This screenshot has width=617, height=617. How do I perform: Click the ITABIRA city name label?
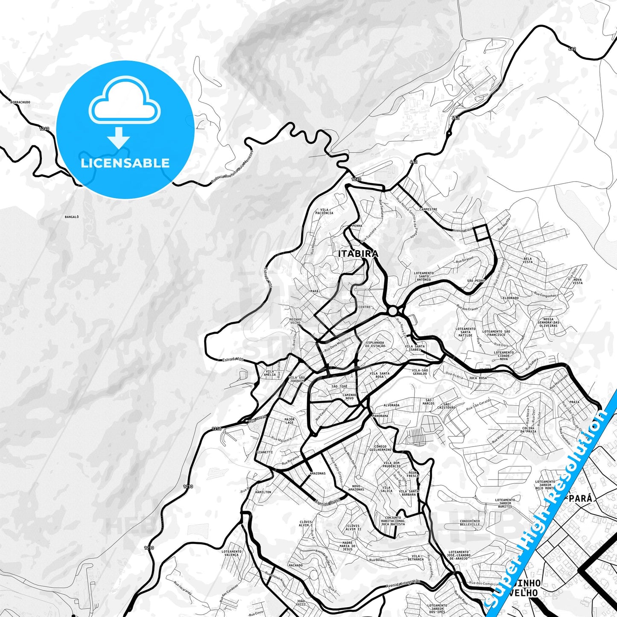[x=358, y=254]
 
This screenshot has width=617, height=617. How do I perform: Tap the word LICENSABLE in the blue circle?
[x=125, y=163]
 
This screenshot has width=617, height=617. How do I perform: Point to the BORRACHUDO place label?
[x=20, y=102]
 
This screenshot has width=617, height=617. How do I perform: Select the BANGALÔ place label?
[x=72, y=217]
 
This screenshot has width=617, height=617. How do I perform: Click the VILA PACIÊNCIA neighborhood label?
[x=324, y=211]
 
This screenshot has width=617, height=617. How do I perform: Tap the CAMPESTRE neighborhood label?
[x=428, y=209]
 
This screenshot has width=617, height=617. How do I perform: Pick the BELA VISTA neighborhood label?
[x=528, y=260]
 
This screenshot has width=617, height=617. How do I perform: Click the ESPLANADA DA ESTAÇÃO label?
[x=374, y=344]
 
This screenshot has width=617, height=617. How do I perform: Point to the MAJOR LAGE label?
[x=289, y=421]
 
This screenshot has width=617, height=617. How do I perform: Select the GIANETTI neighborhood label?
[x=265, y=452]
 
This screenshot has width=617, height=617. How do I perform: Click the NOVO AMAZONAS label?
[x=356, y=488]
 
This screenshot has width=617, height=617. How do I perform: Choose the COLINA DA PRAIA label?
[x=528, y=430]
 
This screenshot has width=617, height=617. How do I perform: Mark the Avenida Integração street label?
[x=403, y=584]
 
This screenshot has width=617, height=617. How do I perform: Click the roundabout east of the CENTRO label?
[x=393, y=311]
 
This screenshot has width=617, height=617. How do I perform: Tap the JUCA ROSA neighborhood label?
[x=478, y=378]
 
